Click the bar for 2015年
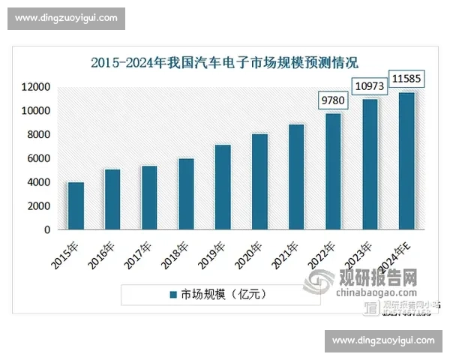click(76, 205)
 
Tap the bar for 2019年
click(223, 187)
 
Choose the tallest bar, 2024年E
click(406, 160)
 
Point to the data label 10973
click(370, 86)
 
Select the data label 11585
click(406, 77)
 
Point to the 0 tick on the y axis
click(46, 229)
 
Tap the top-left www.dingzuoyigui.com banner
click(66, 18)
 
